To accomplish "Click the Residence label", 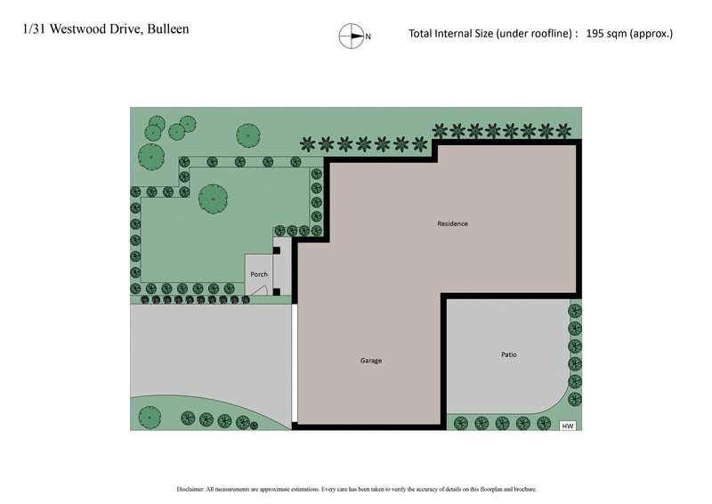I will click(x=452, y=224).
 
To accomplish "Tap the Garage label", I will click(x=371, y=361).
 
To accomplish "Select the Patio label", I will click(x=508, y=354).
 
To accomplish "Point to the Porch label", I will click(x=258, y=274).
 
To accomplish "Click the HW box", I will click(x=567, y=426).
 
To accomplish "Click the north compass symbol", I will click(x=351, y=36).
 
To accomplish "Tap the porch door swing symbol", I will click(x=260, y=289).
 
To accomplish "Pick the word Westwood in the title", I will click(x=77, y=29).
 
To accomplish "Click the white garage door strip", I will click(x=294, y=364).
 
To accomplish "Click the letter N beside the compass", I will click(x=368, y=37).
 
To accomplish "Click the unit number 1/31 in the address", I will click(x=33, y=29).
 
